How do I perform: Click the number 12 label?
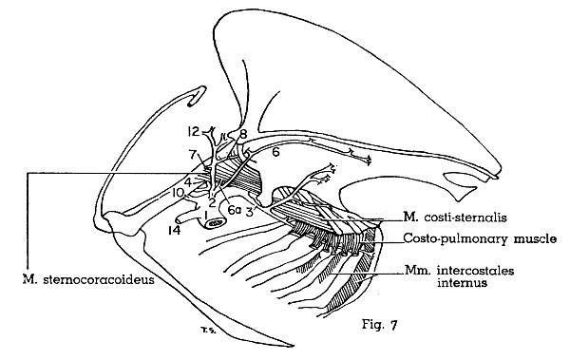click(x=192, y=130)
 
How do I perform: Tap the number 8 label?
click(x=243, y=135)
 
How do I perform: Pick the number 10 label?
click(x=178, y=192)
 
